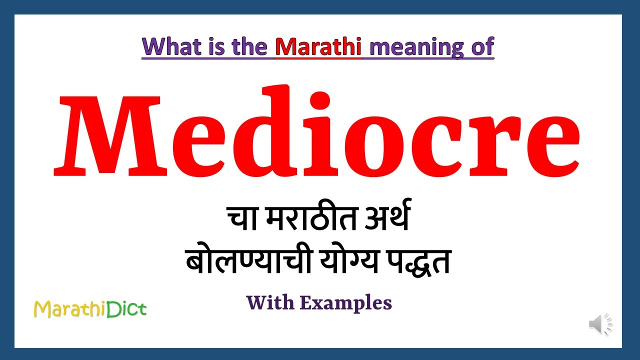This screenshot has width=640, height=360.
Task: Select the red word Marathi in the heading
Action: click(318, 47)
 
